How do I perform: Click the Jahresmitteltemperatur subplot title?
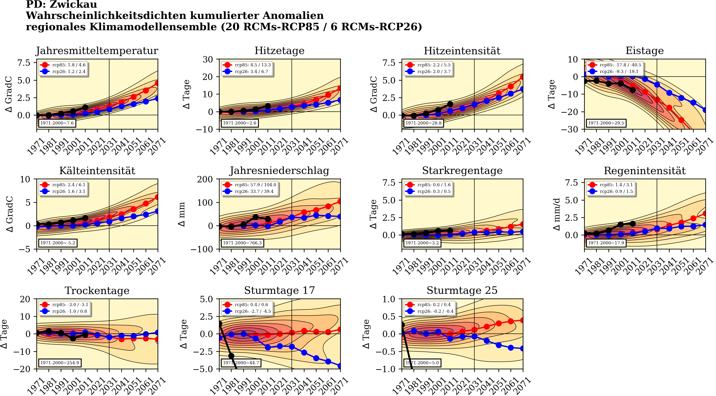[97, 51]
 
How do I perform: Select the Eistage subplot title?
[644, 51]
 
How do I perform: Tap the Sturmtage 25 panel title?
[462, 290]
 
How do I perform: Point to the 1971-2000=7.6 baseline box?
[57, 123]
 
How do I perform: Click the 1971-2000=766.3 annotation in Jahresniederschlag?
[242, 243]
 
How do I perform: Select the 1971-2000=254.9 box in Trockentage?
[60, 363]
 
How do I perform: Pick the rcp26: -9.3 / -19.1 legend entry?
[620, 71]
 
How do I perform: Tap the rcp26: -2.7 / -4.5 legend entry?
[252, 311]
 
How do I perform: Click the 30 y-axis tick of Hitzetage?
[208, 59]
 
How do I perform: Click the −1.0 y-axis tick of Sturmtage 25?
[385, 369]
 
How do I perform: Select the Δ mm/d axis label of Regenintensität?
[556, 214]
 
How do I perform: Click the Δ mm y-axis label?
[182, 214]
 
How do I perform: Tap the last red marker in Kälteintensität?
[157, 197]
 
